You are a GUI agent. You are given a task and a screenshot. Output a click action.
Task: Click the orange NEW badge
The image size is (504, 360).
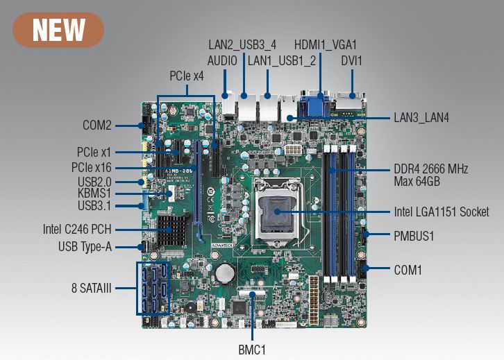58,30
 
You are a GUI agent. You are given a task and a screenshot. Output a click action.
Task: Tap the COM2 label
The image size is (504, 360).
97,126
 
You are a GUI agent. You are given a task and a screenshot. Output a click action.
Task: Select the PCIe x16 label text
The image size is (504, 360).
91,167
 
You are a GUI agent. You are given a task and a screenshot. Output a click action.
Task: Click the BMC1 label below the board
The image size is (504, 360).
251,349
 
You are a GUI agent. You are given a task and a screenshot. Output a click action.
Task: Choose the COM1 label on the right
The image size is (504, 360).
408,269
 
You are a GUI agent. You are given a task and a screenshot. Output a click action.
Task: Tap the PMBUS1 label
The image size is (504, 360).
414,236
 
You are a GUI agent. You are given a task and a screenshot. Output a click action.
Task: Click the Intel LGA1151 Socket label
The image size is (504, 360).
442,212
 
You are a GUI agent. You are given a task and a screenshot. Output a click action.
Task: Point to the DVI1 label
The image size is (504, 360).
351,61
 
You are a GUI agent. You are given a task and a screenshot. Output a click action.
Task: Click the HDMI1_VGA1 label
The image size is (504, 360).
325,44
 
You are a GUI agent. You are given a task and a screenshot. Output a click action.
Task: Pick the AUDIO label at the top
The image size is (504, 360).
222,61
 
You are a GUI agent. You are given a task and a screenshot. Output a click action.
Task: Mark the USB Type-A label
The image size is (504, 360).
85,246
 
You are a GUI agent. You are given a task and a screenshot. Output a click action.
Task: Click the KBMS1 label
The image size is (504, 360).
95,193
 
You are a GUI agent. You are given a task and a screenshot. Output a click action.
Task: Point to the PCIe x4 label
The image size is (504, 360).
187,76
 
